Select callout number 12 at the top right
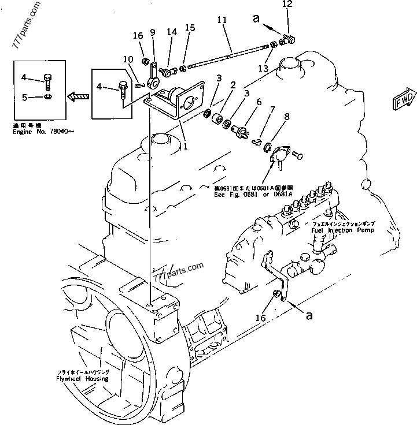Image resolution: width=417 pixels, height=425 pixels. (x=287, y=4)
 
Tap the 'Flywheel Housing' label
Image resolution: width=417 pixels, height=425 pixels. (x=73, y=381)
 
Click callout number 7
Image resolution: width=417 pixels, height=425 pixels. (x=272, y=109)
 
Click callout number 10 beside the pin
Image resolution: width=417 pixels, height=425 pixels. (x=128, y=59)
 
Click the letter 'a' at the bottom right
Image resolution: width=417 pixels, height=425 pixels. (x=309, y=316)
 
